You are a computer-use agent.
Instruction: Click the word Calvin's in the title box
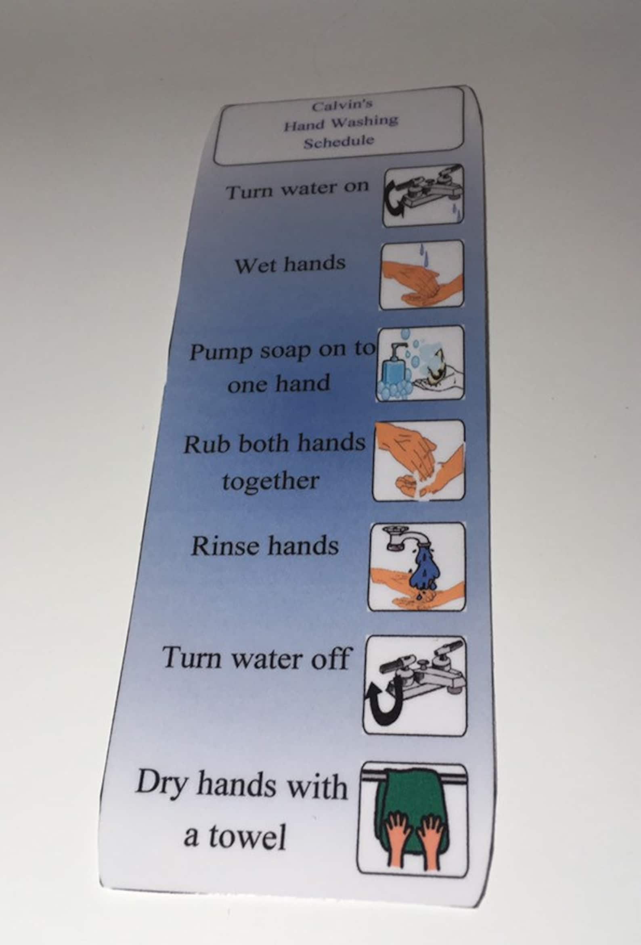341,106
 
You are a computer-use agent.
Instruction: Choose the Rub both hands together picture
419,460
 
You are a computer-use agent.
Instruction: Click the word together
270,482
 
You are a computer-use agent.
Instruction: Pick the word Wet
254,266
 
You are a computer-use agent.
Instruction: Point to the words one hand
278,383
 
